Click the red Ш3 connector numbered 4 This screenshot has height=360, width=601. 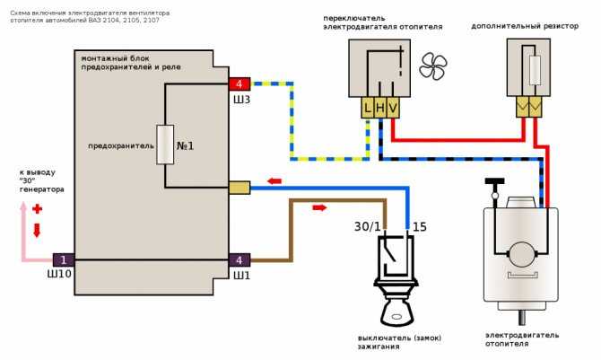tap(240, 83)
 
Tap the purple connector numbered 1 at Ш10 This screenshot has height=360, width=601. tap(64, 259)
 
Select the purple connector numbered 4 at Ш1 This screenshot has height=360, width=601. tap(240, 259)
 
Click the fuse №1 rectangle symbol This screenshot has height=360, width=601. tap(165, 145)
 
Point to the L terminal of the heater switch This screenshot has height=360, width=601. tap(368, 108)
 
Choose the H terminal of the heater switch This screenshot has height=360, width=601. tap(380, 108)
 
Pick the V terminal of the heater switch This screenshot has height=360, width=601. tap(393, 108)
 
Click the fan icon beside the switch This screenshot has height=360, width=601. tap(433, 66)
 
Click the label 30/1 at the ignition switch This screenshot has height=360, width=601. tap(368, 227)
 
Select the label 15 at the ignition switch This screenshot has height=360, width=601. tap(420, 227)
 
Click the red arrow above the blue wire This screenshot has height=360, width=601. tap(274, 180)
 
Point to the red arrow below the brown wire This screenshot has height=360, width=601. tap(319, 207)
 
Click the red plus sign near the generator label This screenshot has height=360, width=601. tap(37, 209)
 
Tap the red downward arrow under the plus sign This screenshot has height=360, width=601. tap(37, 231)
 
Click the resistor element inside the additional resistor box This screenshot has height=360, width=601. tap(535, 70)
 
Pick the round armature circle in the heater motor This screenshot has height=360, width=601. tap(522, 254)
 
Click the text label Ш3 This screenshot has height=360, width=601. tap(241, 100)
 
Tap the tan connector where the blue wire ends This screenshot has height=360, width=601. tap(240, 188)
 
